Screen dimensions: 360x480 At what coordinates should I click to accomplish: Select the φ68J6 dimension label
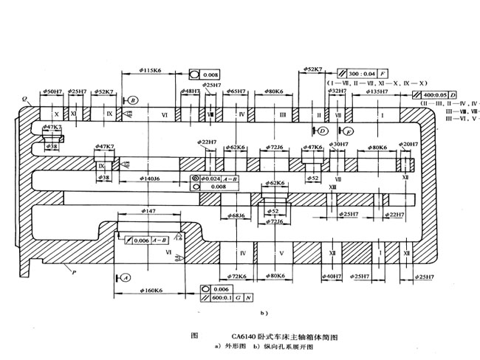click(236, 215)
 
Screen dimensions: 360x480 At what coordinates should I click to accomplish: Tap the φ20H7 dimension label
click(408, 145)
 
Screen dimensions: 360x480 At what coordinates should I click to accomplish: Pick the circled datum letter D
click(323, 131)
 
